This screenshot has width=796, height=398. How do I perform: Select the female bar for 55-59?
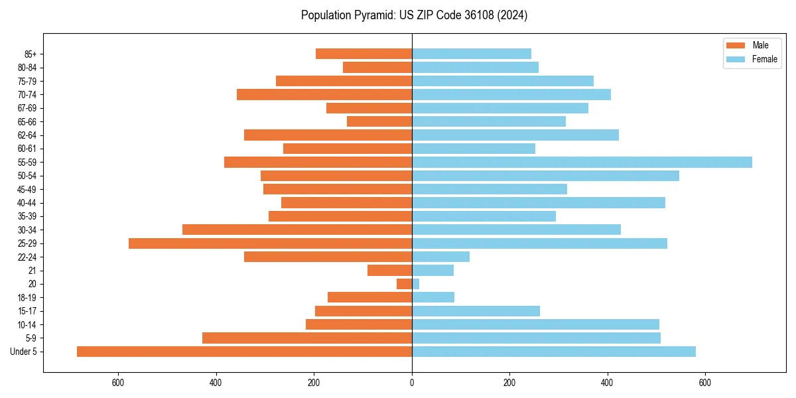[x=582, y=162]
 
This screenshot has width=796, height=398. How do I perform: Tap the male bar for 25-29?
[x=270, y=243]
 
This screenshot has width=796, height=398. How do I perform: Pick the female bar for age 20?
[x=415, y=284]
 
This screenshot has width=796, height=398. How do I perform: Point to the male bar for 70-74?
[x=324, y=94]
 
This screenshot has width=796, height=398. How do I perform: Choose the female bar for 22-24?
[x=440, y=257]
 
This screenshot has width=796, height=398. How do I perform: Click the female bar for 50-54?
[x=545, y=176]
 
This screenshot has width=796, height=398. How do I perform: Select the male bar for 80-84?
[x=377, y=67]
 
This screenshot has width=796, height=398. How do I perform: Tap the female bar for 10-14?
[x=535, y=324]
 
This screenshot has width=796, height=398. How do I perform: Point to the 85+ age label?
[x=30, y=54]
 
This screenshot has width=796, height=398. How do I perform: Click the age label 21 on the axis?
[x=33, y=271]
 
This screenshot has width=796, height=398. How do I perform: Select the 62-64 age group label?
[x=27, y=135]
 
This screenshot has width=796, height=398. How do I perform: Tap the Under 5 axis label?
[x=24, y=352]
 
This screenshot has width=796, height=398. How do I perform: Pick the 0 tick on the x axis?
[x=412, y=383]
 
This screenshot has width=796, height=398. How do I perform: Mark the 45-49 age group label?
[x=27, y=189]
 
